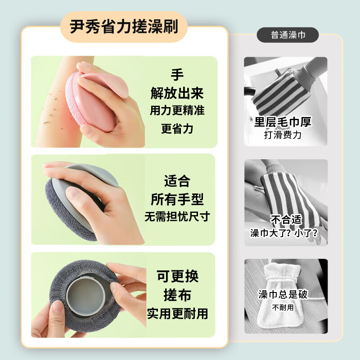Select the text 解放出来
click(177, 93)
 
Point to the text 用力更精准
click(177, 111)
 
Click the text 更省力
click(177, 129)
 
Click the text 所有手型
click(177, 199)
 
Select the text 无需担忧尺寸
click(177, 216)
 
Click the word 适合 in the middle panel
click(177, 181)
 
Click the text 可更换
click(177, 276)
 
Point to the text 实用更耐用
click(177, 314)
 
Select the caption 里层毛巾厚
click(283, 122)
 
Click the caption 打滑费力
click(283, 135)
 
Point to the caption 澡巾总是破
click(283, 295)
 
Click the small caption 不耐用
click(283, 308)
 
